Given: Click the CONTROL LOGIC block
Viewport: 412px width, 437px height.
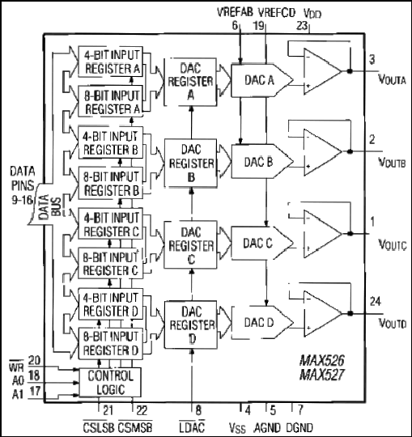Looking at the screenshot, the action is [110, 382].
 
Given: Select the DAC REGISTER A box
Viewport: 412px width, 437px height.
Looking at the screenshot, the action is [190, 82].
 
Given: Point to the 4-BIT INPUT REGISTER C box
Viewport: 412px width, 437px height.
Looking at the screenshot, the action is [111, 223].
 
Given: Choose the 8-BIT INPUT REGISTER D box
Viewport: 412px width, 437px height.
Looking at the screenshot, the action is [111, 344].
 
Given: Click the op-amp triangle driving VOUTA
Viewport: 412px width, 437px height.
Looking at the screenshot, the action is [322, 71].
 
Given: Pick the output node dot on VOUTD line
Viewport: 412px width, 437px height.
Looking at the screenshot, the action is [350, 313].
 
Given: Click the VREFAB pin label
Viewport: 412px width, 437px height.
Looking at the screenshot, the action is [235, 12].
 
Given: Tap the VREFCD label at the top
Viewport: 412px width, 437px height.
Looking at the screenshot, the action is [277, 12].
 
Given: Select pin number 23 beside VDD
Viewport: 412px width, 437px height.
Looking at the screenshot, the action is [302, 26].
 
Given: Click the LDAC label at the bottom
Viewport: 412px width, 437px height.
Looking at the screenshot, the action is [192, 427].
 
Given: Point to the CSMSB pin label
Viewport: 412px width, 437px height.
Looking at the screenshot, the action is [135, 427].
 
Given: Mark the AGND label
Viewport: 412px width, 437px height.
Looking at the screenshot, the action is [267, 427].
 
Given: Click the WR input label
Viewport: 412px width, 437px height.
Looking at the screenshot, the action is [16, 367].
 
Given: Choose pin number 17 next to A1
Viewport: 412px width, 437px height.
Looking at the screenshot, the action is [35, 391].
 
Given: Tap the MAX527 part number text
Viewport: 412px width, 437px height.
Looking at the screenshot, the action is [322, 375].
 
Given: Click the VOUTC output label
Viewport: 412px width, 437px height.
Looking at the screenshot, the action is [393, 245].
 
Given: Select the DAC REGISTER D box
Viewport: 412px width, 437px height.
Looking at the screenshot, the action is [191, 325].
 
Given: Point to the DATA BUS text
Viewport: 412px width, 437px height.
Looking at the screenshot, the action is [49, 206].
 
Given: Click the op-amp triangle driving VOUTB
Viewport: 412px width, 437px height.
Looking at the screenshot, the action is [322, 152].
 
